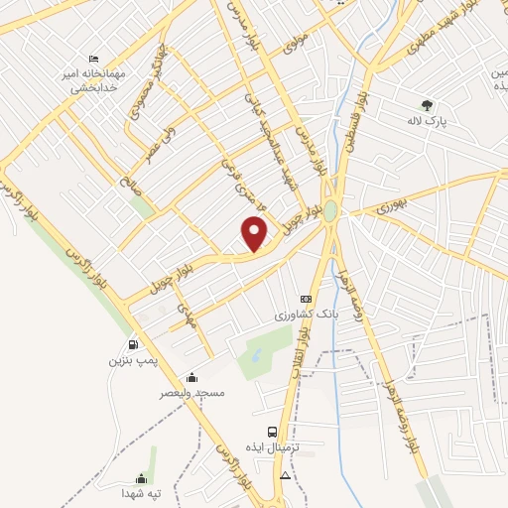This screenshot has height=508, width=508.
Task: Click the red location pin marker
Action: pyautogui.click(x=255, y=232)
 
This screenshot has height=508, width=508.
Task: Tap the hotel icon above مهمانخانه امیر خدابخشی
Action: pyautogui.click(x=94, y=59)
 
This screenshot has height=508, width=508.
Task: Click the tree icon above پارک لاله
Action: pyautogui.click(x=428, y=104)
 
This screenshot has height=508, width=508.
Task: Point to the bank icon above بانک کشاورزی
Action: pyautogui.click(x=306, y=299)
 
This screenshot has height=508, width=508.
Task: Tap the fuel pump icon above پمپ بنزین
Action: pyautogui.click(x=134, y=344)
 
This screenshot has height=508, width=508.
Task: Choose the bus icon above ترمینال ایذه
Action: pyautogui.click(x=273, y=431)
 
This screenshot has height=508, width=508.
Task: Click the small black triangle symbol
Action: pyautogui.click(x=286, y=476)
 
